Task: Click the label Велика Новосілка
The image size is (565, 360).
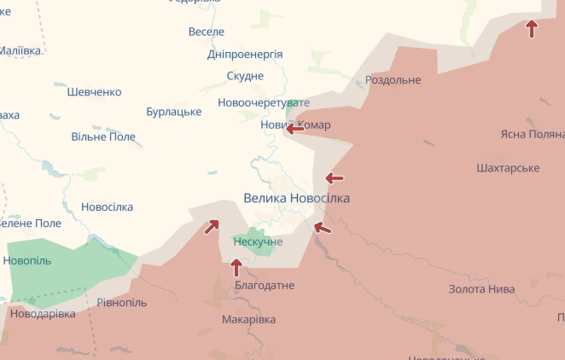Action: coord(296,198)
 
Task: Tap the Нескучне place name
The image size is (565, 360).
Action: coord(258,242)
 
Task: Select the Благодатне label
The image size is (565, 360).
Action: coord(264,285)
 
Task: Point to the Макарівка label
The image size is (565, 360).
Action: coord(248,319)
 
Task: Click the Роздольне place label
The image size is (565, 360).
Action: coord(393,80)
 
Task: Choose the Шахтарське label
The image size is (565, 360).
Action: coord(508,168)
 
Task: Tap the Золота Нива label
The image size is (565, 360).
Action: coord(481,289)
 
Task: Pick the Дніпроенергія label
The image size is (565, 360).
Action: coord(245,54)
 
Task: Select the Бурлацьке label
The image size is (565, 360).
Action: coord(173,112)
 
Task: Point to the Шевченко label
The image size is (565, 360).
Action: coord(94,92)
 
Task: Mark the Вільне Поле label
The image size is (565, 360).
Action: coord(103,136)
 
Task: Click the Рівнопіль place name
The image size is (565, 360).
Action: coord(121,303)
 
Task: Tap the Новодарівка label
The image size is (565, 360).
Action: coord(43,314)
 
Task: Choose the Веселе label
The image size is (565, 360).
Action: coord(206,32)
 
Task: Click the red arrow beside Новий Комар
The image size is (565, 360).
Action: coord(294,129)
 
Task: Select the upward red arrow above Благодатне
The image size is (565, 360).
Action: coord(236,267)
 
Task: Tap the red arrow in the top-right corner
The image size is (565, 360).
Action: coord(532,29)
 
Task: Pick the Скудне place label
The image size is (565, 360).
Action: coord(245,76)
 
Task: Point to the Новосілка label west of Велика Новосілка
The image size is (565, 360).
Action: coord(107,207)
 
